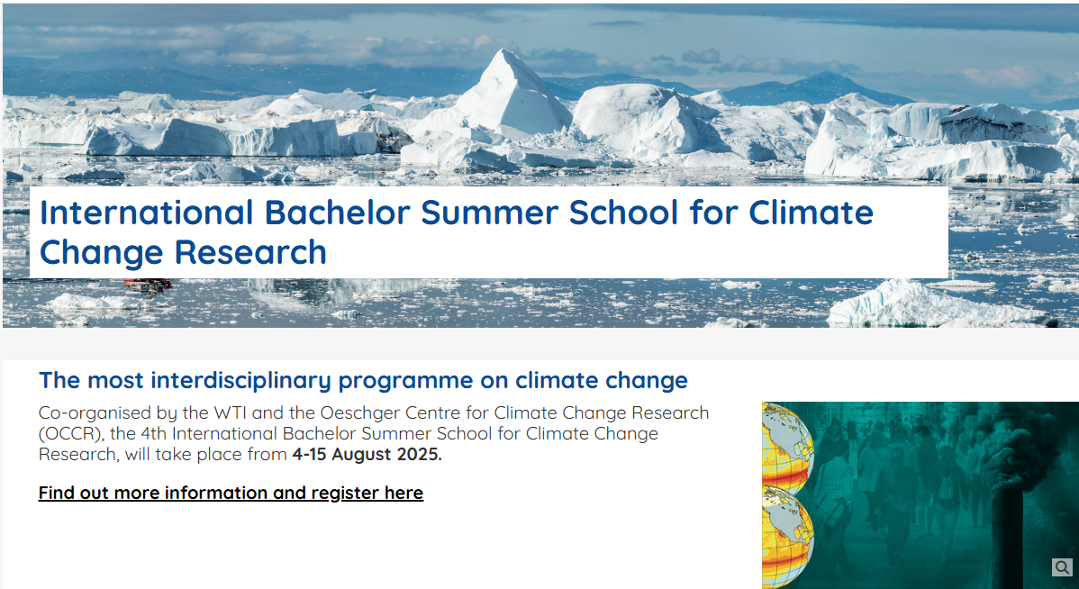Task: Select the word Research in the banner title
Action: click(x=250, y=252)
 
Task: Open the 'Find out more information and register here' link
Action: click(x=231, y=494)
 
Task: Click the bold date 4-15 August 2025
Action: click(x=367, y=455)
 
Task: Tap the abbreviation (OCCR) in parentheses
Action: click(x=71, y=435)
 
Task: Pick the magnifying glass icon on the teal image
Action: click(x=1063, y=567)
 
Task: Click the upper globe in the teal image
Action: click(x=789, y=448)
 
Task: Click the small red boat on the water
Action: click(x=148, y=284)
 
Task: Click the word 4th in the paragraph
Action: click(x=214, y=434)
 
